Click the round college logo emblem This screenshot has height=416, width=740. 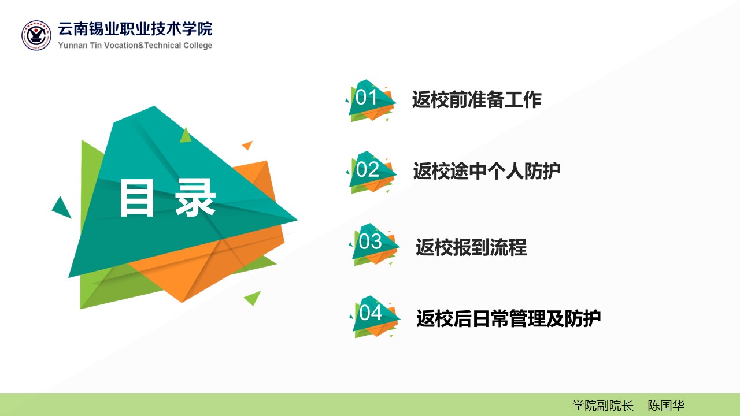click(x=36, y=35)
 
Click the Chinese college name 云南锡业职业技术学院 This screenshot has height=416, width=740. click(x=135, y=29)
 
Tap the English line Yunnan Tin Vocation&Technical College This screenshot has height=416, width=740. click(x=135, y=45)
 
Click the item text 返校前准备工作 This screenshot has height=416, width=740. click(x=477, y=100)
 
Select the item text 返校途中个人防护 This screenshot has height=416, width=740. click(x=487, y=171)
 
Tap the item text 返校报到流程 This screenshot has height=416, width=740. click(x=471, y=247)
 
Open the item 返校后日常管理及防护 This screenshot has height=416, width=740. click(x=508, y=318)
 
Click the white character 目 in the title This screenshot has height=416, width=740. click(x=137, y=198)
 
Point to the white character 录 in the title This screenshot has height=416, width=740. click(x=195, y=198)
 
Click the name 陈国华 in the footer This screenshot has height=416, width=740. click(x=665, y=406)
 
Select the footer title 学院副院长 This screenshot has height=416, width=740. click(x=602, y=406)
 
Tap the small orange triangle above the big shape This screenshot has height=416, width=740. click(x=248, y=144)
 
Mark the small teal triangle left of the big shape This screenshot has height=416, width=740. click(x=62, y=208)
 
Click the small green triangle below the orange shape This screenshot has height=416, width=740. click(x=253, y=298)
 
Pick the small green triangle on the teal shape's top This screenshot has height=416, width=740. click(x=186, y=136)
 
